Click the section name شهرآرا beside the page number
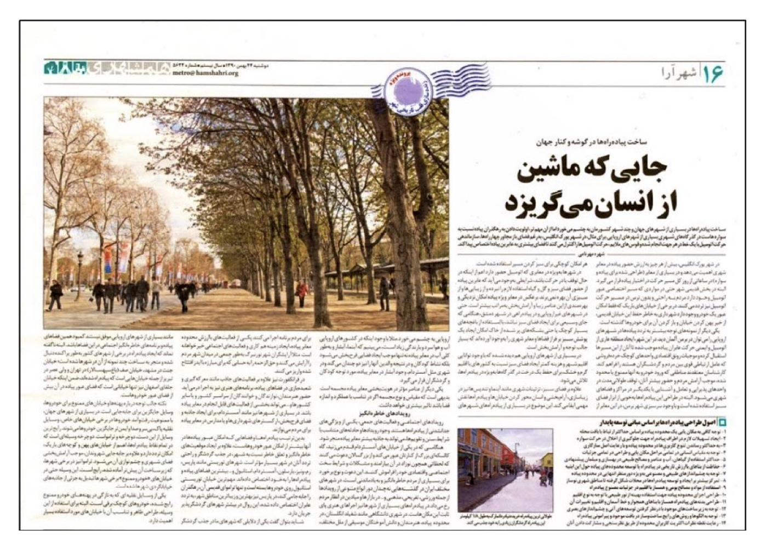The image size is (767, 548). click(680, 72)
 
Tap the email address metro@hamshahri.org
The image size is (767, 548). click(205, 73)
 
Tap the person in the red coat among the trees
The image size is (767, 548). click(302, 292)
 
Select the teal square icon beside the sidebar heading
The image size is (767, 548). click(722, 422)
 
